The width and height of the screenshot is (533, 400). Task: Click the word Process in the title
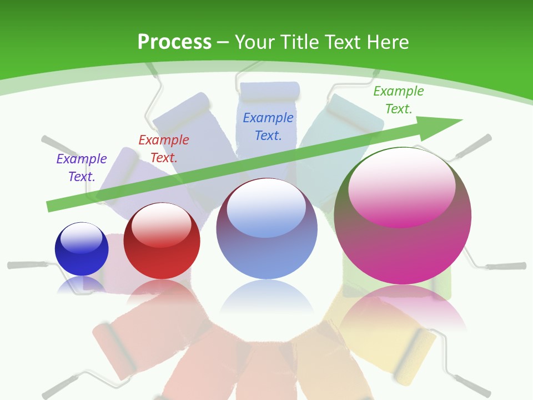pos(174,42)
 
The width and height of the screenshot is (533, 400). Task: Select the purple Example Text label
pos(82,167)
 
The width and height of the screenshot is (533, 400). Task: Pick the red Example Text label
pos(164,148)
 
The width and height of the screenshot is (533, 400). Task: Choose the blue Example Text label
pos(268,126)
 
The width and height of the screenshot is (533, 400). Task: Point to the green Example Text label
pos(399,100)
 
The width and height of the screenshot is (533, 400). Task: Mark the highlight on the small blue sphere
pos(82,237)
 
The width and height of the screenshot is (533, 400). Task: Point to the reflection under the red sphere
pos(162,294)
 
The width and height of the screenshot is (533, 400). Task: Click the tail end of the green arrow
pos(51,206)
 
